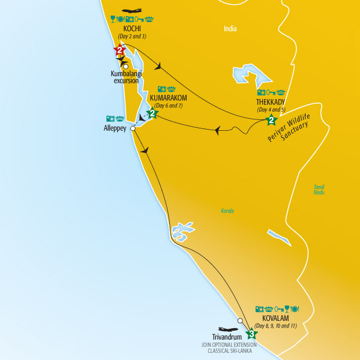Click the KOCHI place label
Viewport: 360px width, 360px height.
(x=132, y=29)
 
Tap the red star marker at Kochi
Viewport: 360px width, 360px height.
(x=119, y=51)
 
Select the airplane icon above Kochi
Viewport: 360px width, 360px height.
(x=132, y=11)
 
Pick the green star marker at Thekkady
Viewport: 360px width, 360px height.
(x=271, y=121)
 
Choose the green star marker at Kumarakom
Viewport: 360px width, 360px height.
(x=152, y=113)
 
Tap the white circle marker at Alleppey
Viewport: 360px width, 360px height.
(x=132, y=128)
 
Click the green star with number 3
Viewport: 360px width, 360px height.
(x=251, y=334)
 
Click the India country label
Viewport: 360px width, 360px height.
(x=230, y=28)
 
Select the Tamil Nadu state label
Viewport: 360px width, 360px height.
(x=319, y=189)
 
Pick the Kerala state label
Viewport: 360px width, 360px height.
(x=227, y=211)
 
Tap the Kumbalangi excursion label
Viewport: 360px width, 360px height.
(x=125, y=77)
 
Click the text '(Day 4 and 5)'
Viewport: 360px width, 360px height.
(x=271, y=110)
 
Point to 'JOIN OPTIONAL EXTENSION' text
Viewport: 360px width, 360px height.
(x=228, y=345)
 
